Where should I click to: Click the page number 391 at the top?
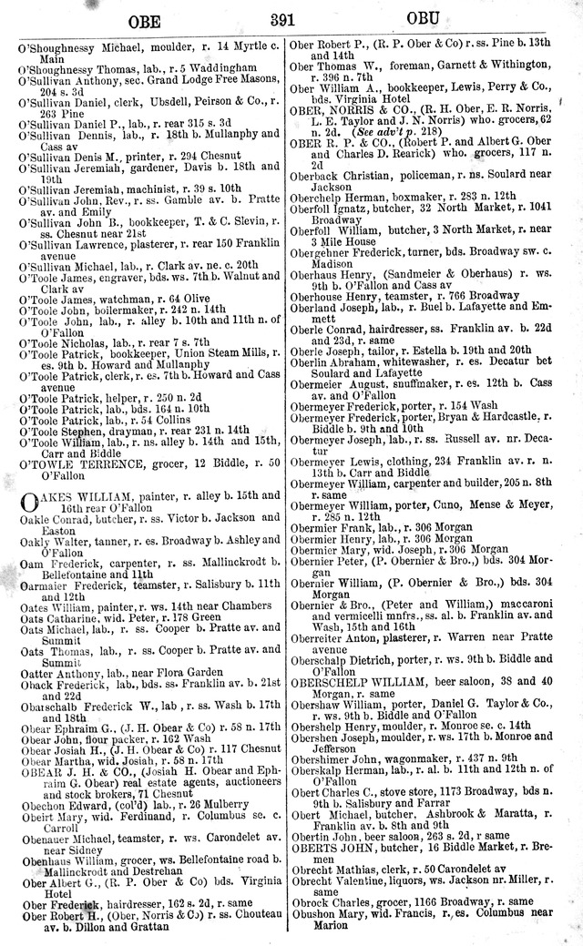click(291, 18)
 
